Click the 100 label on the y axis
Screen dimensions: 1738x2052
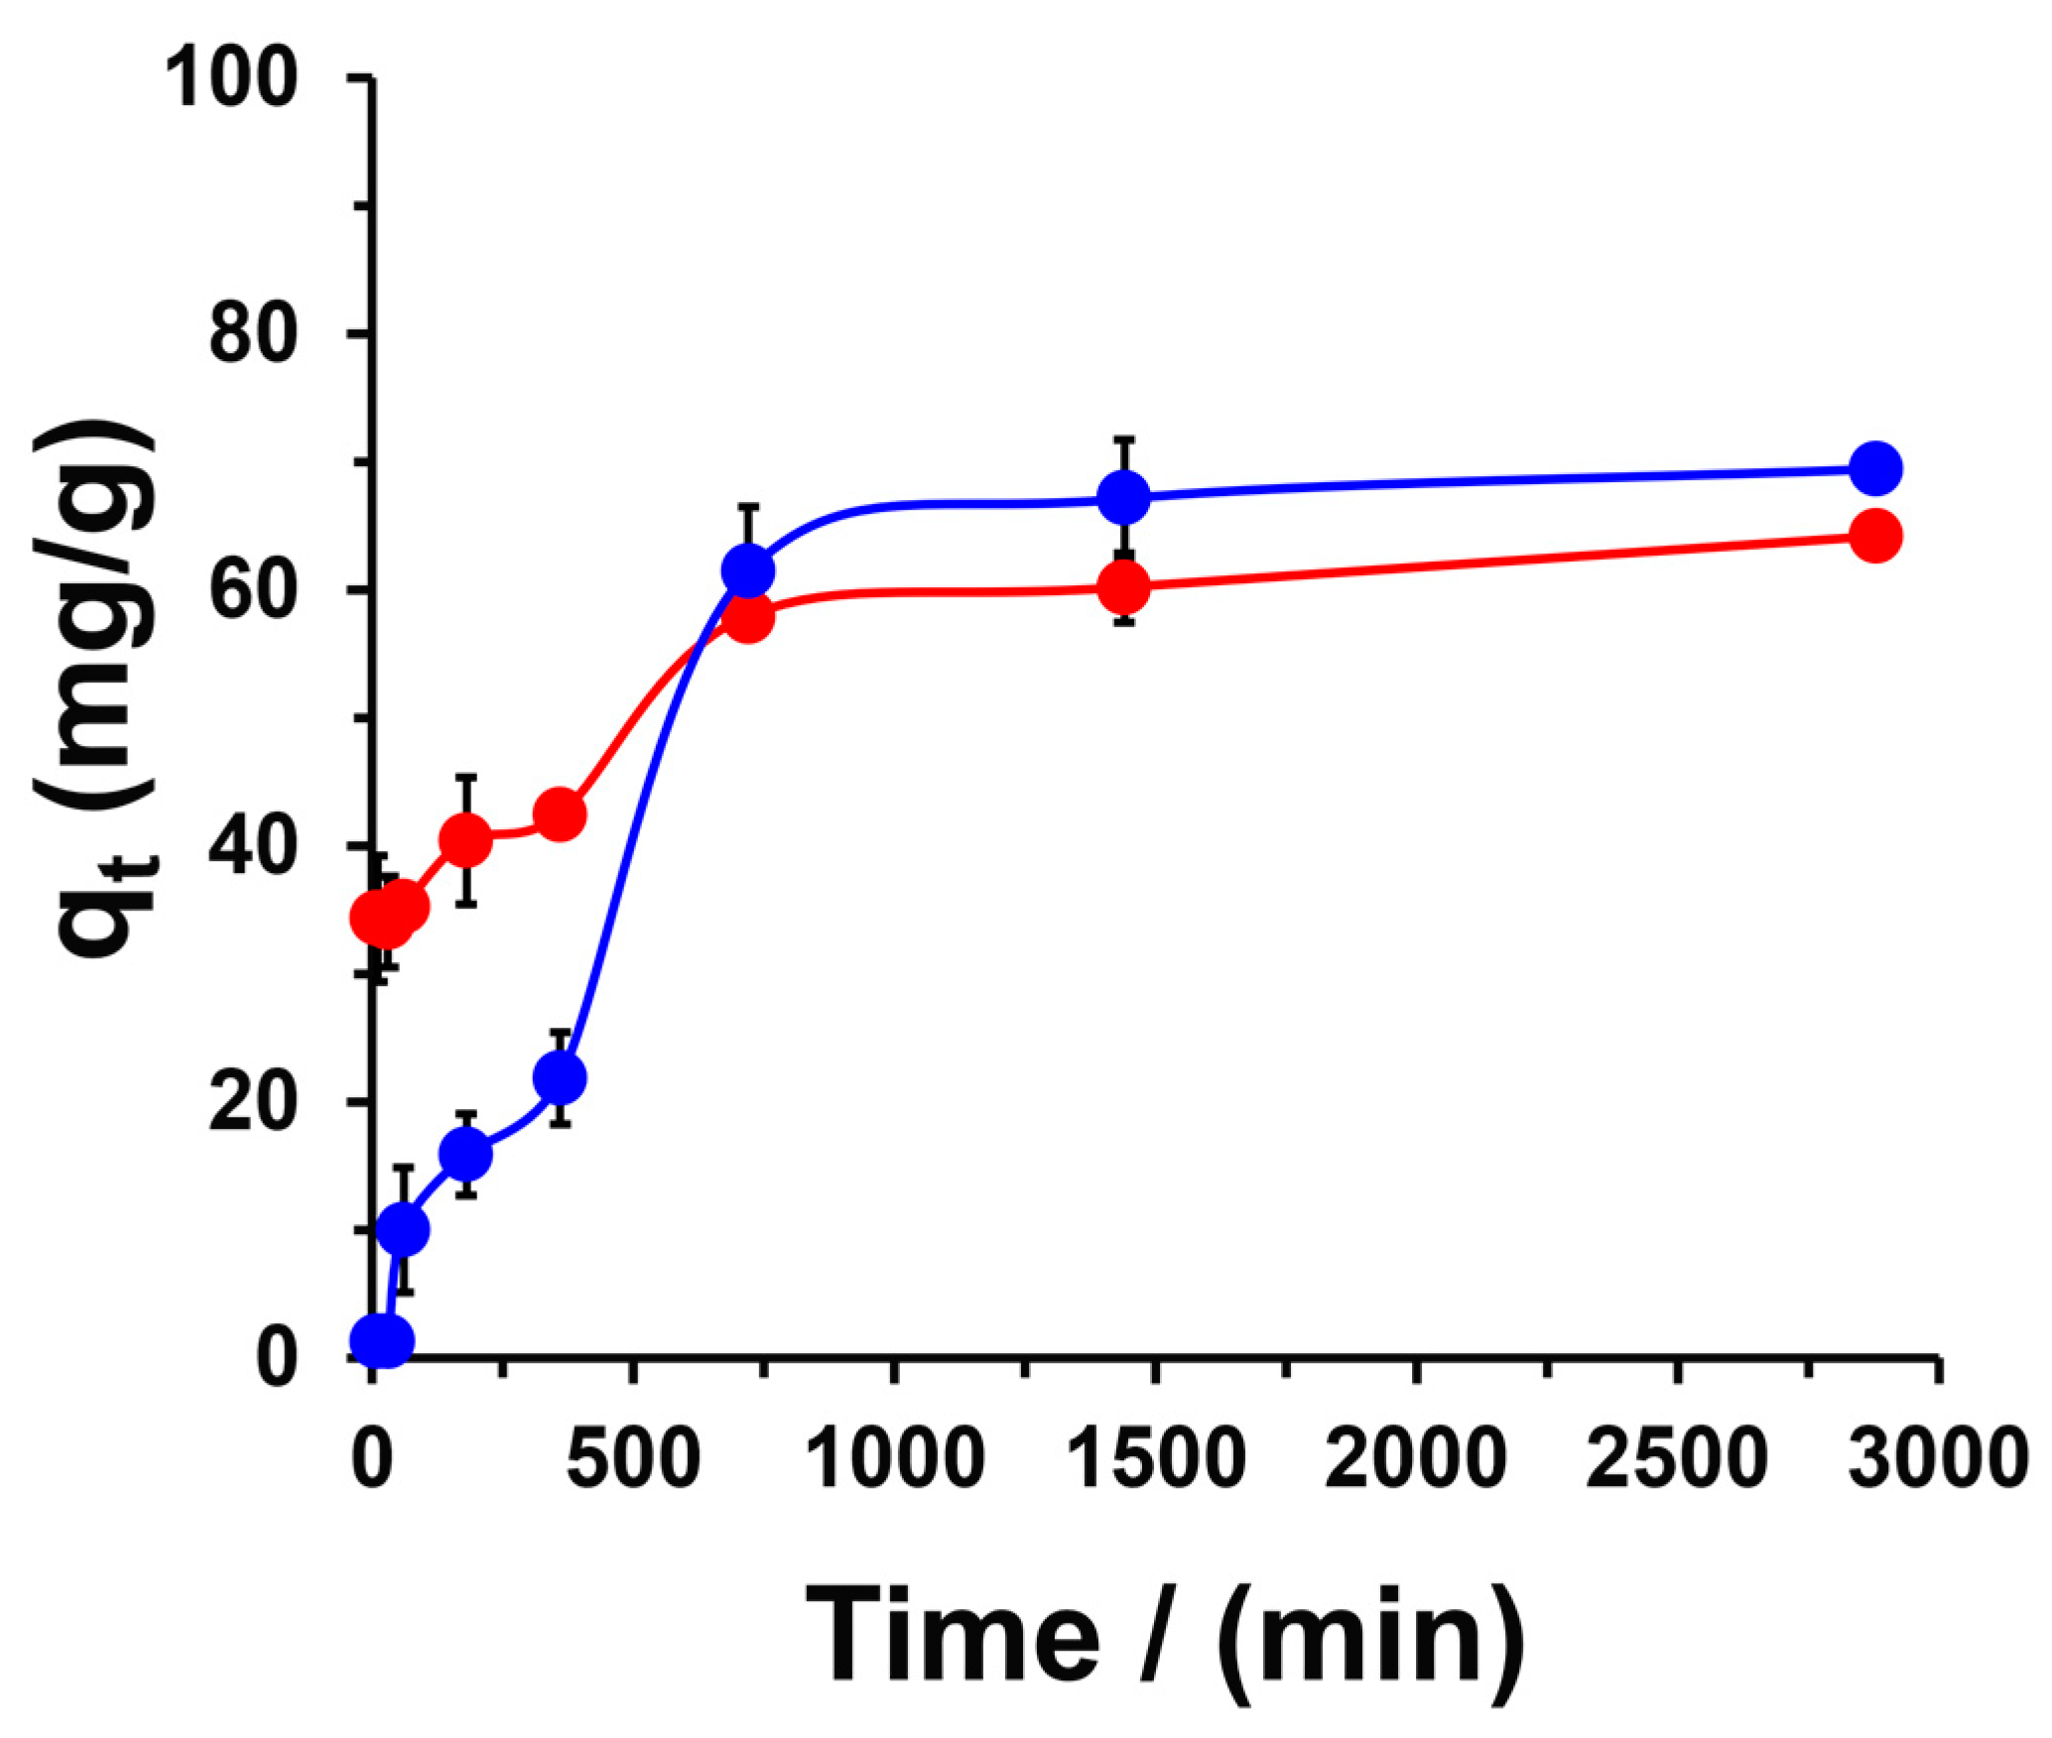click(232, 79)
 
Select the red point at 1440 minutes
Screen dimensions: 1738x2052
click(1124, 586)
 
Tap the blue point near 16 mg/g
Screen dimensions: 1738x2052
click(465, 1155)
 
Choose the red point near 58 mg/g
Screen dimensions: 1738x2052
click(748, 619)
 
